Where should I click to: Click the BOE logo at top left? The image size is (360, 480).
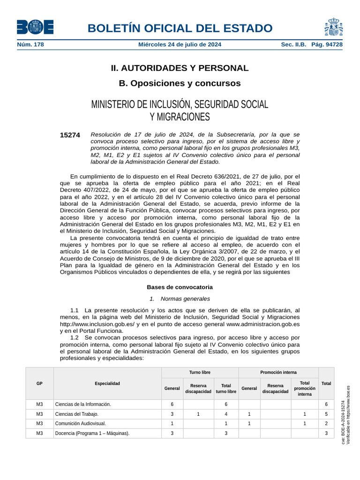click(35, 27)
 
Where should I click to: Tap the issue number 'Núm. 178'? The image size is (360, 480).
click(30, 45)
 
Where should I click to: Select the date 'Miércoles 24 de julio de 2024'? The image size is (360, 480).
click(180, 45)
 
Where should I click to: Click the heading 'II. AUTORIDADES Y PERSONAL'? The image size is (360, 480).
click(180, 68)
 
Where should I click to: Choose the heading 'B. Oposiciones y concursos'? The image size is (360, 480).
click(180, 83)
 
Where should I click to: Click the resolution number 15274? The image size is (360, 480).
click(70, 135)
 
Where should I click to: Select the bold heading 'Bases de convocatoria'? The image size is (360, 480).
click(180, 287)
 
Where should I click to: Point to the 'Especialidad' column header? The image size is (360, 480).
click(107, 383)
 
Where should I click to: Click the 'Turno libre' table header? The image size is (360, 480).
click(200, 372)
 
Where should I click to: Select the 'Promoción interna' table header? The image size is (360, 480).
click(278, 372)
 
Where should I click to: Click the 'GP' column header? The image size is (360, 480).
click(39, 383)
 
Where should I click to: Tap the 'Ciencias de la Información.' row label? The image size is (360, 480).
click(83, 404)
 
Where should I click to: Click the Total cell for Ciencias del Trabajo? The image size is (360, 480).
click(326, 414)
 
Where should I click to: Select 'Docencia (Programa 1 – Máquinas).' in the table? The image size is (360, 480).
click(92, 434)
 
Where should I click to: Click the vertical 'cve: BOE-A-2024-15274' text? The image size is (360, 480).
click(343, 422)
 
